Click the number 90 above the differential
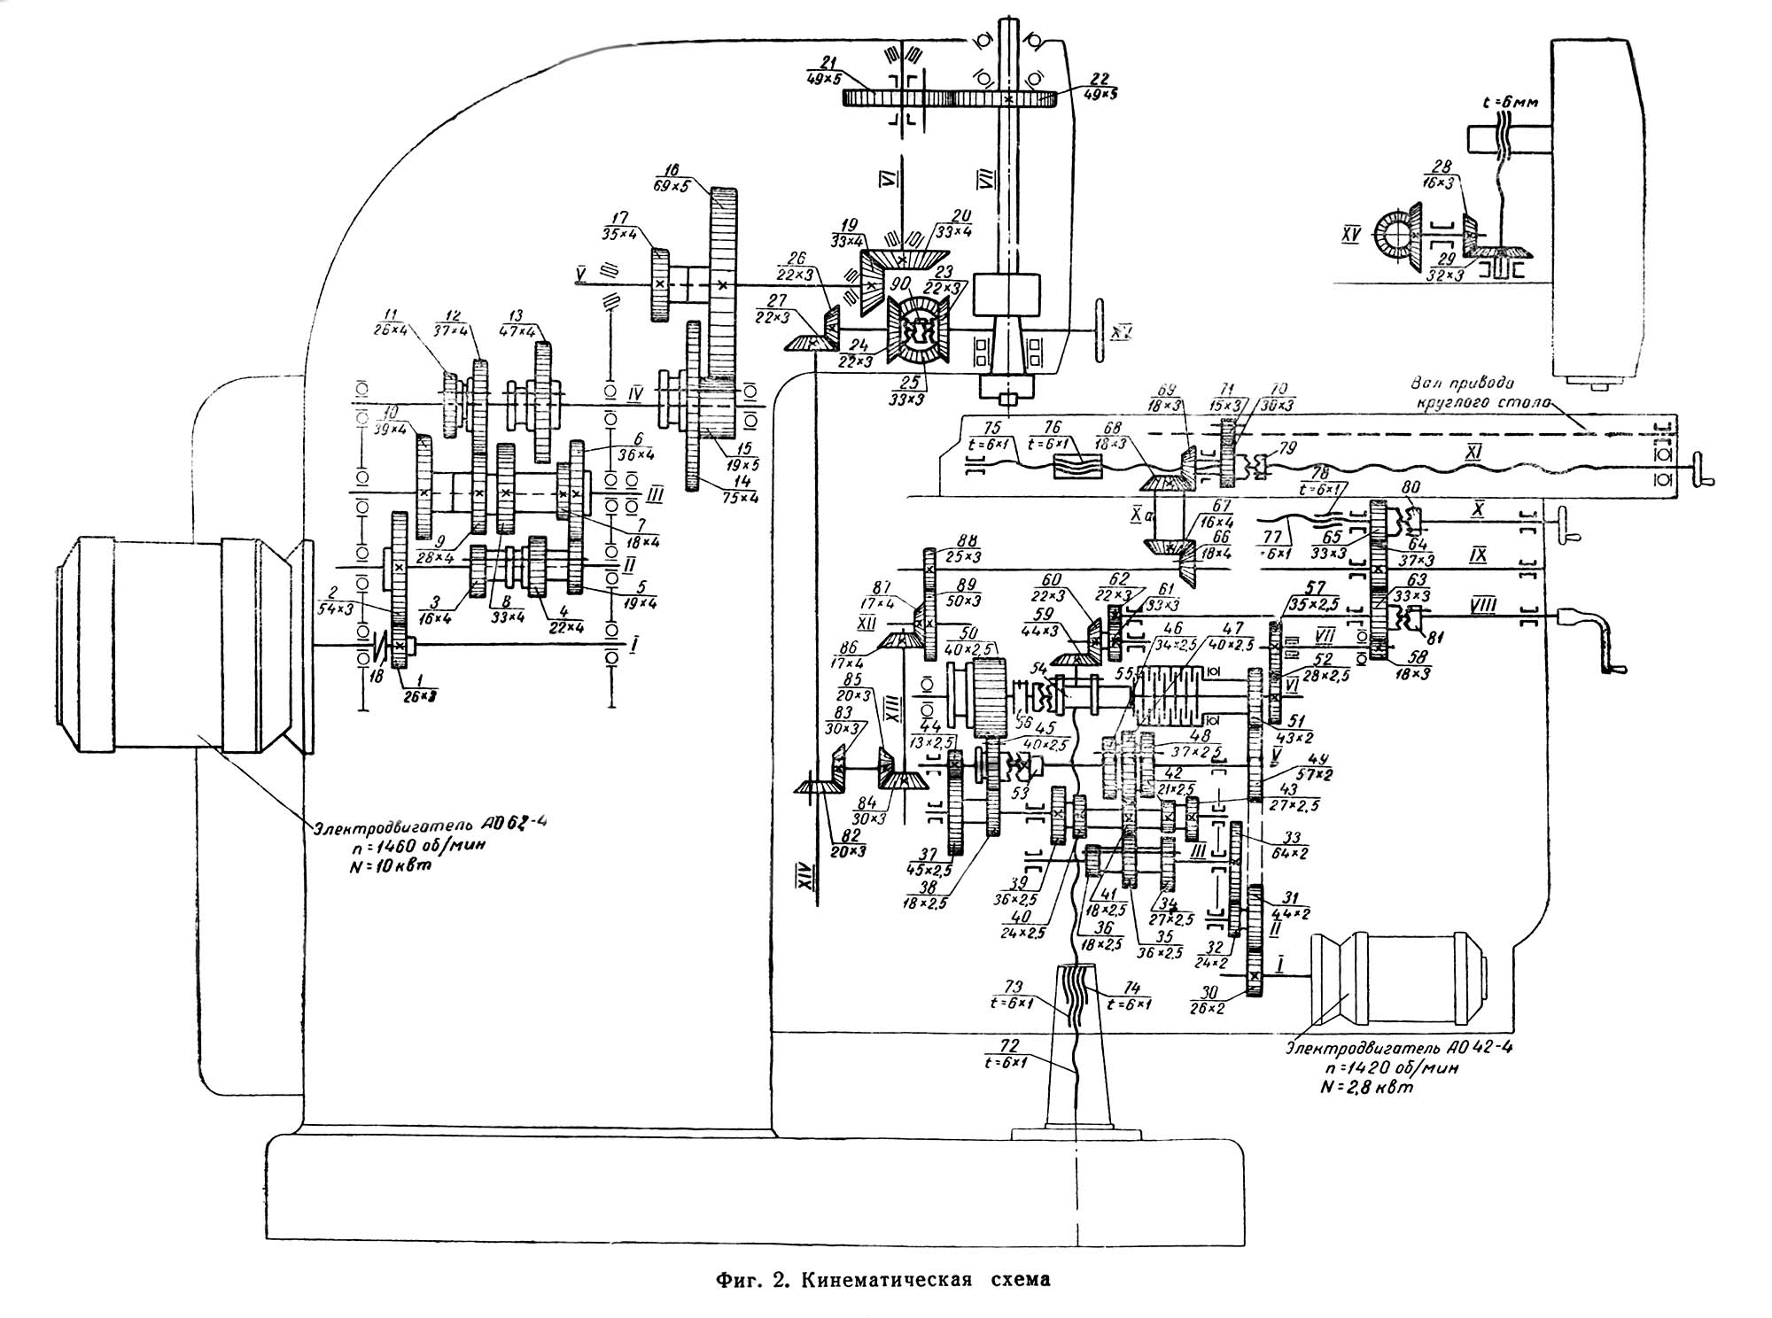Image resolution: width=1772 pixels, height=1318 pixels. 901,283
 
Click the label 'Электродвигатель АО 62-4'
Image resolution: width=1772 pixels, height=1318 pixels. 430,825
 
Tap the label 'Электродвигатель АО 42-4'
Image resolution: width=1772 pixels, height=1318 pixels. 1398,1048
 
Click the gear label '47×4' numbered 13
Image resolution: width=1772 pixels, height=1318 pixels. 524,331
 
